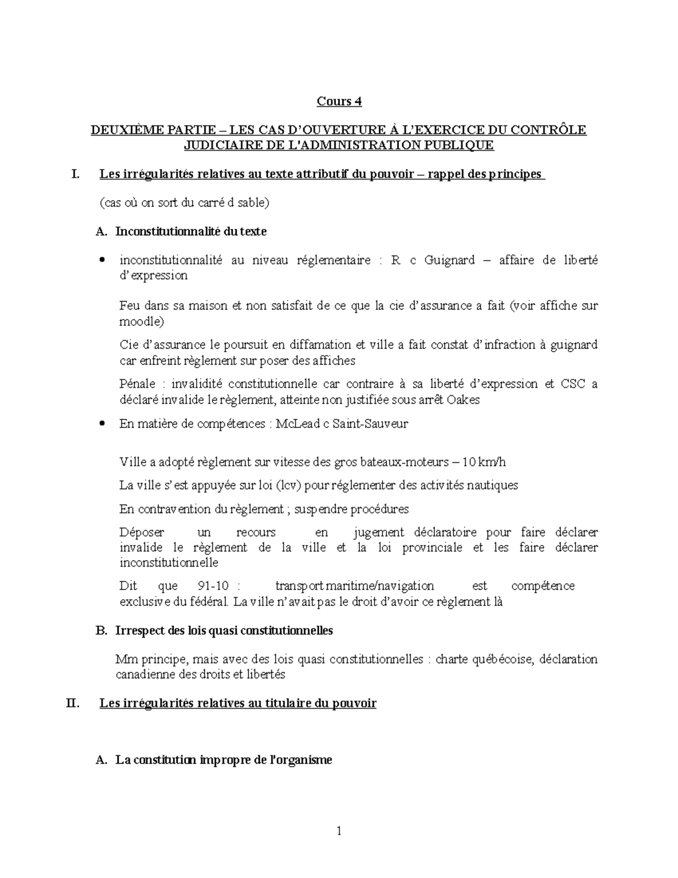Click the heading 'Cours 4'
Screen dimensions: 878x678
click(338, 102)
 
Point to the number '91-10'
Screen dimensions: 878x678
click(215, 586)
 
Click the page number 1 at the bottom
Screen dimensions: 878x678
click(339, 831)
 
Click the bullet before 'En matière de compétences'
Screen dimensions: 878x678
click(102, 423)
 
